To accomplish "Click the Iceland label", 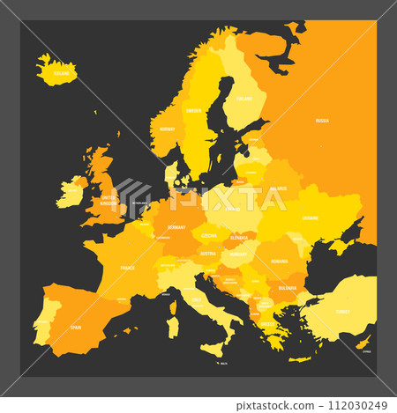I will point(61,76).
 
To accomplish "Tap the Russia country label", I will point(322,121).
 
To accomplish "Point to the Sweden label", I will point(193,110).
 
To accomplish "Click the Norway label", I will point(167,129).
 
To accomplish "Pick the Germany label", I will point(172,225).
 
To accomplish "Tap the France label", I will point(128,266).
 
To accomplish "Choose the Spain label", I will point(76,327).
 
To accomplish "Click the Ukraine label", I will point(310,217).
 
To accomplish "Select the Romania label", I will point(280,262).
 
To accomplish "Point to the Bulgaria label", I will point(287,287).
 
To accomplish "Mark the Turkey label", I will point(342,311).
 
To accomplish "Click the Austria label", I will point(208,254).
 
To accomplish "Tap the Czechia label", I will point(208,235).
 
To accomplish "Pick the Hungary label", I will point(237,254).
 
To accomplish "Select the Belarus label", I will point(278,188).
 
